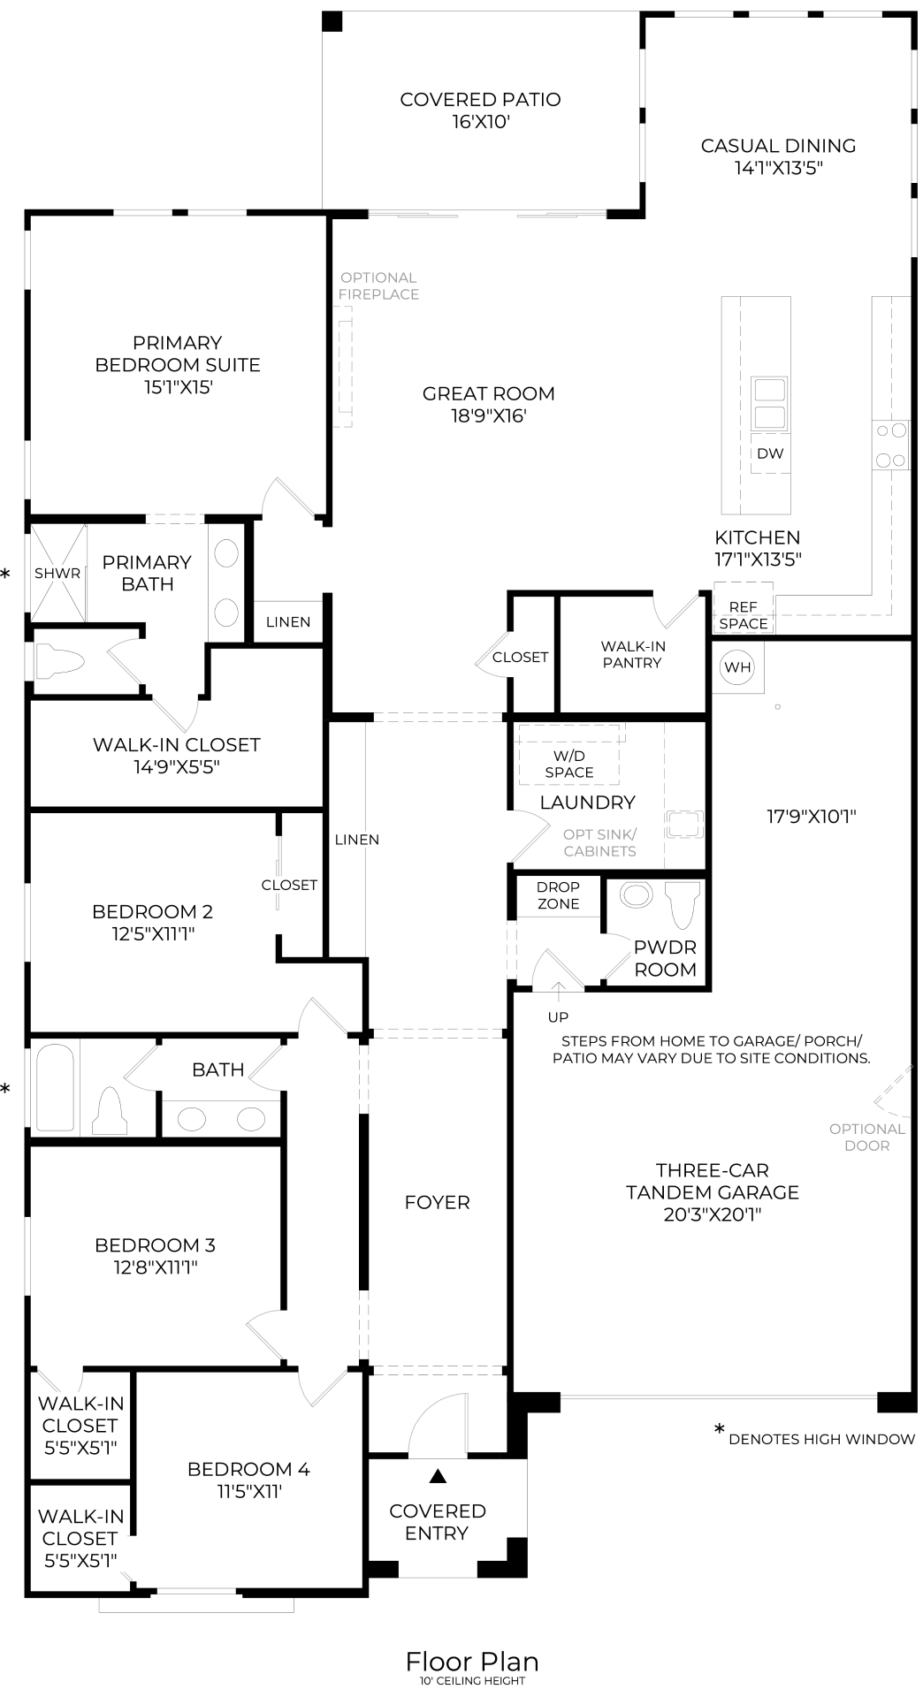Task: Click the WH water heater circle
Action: [x=737, y=666]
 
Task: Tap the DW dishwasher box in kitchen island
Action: [x=770, y=453]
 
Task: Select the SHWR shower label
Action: [x=57, y=573]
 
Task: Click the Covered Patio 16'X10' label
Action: [x=480, y=110]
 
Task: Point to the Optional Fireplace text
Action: [x=378, y=285]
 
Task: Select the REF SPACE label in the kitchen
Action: [x=743, y=615]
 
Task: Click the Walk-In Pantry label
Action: [x=632, y=655]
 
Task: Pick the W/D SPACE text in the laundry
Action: [x=569, y=764]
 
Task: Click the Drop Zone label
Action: [x=558, y=894]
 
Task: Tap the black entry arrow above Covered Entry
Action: [x=438, y=1475]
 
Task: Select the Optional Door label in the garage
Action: [x=866, y=1137]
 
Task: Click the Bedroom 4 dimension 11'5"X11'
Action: [x=248, y=1491]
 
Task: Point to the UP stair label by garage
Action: [x=558, y=1016]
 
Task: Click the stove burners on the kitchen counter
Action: [x=890, y=445]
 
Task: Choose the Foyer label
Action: [x=437, y=1202]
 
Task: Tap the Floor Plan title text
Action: [x=472, y=1662]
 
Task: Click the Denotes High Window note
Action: [x=820, y=1439]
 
